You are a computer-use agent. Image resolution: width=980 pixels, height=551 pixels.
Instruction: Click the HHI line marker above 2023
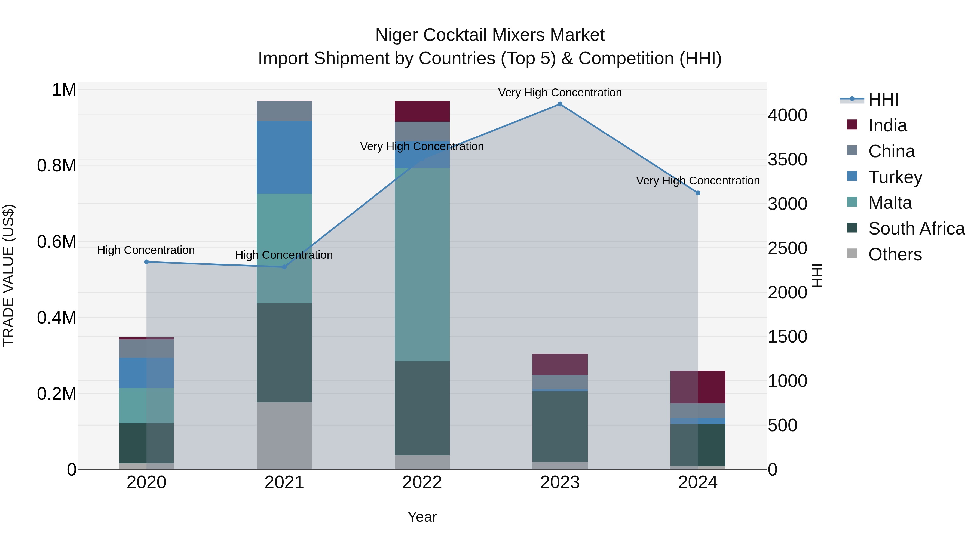tap(560, 104)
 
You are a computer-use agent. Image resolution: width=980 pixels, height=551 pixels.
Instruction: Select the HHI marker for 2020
tap(146, 262)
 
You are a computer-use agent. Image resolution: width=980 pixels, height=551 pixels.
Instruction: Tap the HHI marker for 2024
tap(698, 193)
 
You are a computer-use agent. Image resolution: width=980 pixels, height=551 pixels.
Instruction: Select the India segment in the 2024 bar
tap(698, 387)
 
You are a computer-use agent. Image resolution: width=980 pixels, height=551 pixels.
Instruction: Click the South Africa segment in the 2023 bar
tap(560, 426)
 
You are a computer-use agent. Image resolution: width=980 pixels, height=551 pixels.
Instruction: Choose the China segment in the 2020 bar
tap(146, 348)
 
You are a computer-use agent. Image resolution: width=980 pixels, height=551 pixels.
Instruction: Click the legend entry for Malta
tap(890, 203)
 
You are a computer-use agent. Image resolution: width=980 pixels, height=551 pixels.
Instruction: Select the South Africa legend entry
tap(916, 229)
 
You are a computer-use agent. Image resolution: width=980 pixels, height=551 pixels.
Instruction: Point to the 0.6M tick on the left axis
tap(57, 242)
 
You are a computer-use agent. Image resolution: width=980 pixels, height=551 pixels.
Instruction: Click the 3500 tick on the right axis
tap(787, 160)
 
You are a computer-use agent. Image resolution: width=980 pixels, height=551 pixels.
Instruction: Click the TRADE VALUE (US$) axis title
tap(8, 275)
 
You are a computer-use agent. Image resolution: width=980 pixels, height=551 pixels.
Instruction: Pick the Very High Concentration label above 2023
tap(560, 93)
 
